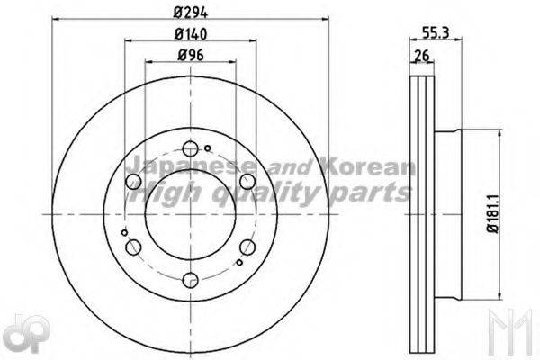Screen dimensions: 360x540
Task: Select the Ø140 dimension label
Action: pyautogui.click(x=189, y=35)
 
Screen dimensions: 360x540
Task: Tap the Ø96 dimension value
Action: pyautogui.click(x=189, y=55)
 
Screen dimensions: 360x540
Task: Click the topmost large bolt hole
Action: pyautogui.click(x=189, y=150)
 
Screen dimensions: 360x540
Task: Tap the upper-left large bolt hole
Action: pyautogui.click(x=134, y=183)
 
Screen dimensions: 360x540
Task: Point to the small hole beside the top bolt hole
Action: pyautogui.click(x=207, y=148)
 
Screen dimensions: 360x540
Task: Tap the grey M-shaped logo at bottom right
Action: pyautogui.click(x=514, y=337)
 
